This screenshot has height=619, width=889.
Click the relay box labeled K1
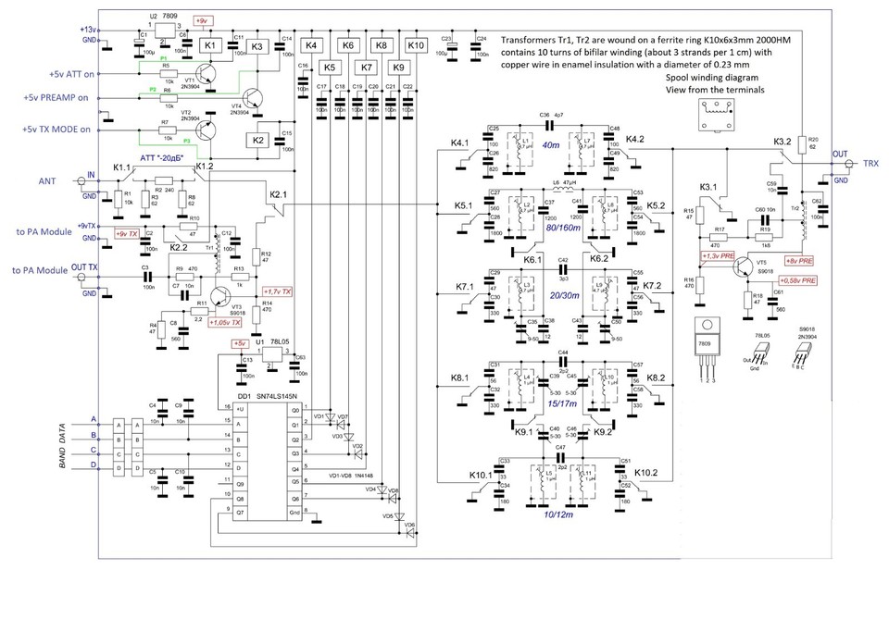209,44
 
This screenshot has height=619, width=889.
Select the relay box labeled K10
416,44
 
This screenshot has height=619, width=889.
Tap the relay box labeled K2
258,140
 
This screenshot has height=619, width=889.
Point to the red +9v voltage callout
202,20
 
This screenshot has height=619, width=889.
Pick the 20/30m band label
563,295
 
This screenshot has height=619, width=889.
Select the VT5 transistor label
760,262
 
